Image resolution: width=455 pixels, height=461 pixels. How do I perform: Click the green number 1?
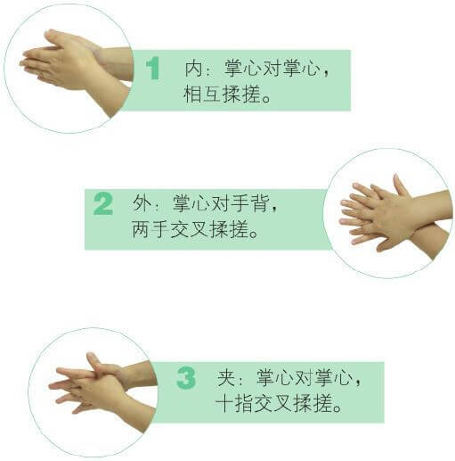click(153, 68)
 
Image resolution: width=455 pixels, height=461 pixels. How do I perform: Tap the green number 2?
click(103, 203)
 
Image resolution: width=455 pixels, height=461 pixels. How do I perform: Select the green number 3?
click(186, 377)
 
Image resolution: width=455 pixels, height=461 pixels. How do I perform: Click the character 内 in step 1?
click(194, 69)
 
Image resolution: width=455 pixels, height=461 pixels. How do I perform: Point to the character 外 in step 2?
click(142, 203)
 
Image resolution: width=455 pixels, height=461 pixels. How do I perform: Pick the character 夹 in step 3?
click(226, 377)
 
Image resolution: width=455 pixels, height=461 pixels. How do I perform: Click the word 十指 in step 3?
click(234, 403)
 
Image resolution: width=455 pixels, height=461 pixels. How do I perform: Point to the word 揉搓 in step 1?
click(241, 94)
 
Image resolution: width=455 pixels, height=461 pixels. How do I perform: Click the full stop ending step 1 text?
click(266, 98)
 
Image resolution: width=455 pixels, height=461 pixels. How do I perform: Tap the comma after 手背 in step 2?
click(274, 208)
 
